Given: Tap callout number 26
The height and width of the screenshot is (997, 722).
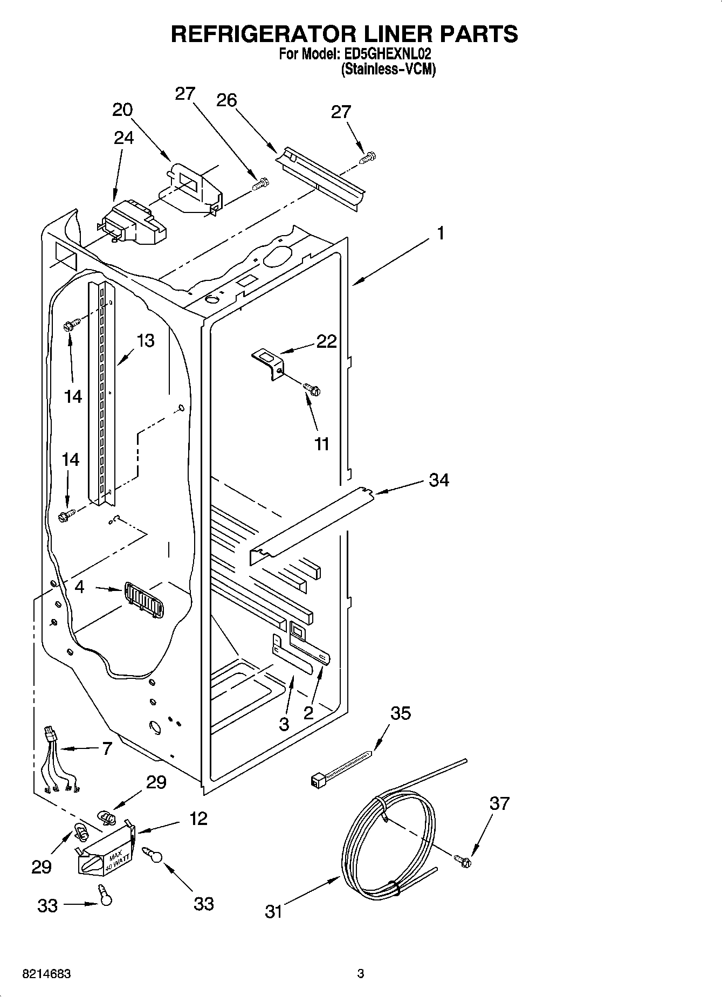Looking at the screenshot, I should (x=226, y=100).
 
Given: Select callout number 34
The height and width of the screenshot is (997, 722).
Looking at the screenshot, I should (x=438, y=479).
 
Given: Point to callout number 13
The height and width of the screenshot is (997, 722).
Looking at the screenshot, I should (x=145, y=340).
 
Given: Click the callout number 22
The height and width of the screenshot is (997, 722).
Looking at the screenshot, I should (x=326, y=341).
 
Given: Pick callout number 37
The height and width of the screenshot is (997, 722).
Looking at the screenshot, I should (x=499, y=803).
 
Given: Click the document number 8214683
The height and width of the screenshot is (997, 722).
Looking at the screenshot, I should (x=46, y=974).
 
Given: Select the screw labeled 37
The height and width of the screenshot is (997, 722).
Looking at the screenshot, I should (x=462, y=861).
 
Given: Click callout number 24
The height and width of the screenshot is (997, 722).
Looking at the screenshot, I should (x=123, y=138).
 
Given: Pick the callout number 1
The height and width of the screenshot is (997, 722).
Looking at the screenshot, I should (x=441, y=233).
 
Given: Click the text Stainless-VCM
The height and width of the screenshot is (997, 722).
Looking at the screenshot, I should (x=388, y=70).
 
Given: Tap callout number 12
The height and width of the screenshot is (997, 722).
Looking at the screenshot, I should (x=198, y=819).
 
